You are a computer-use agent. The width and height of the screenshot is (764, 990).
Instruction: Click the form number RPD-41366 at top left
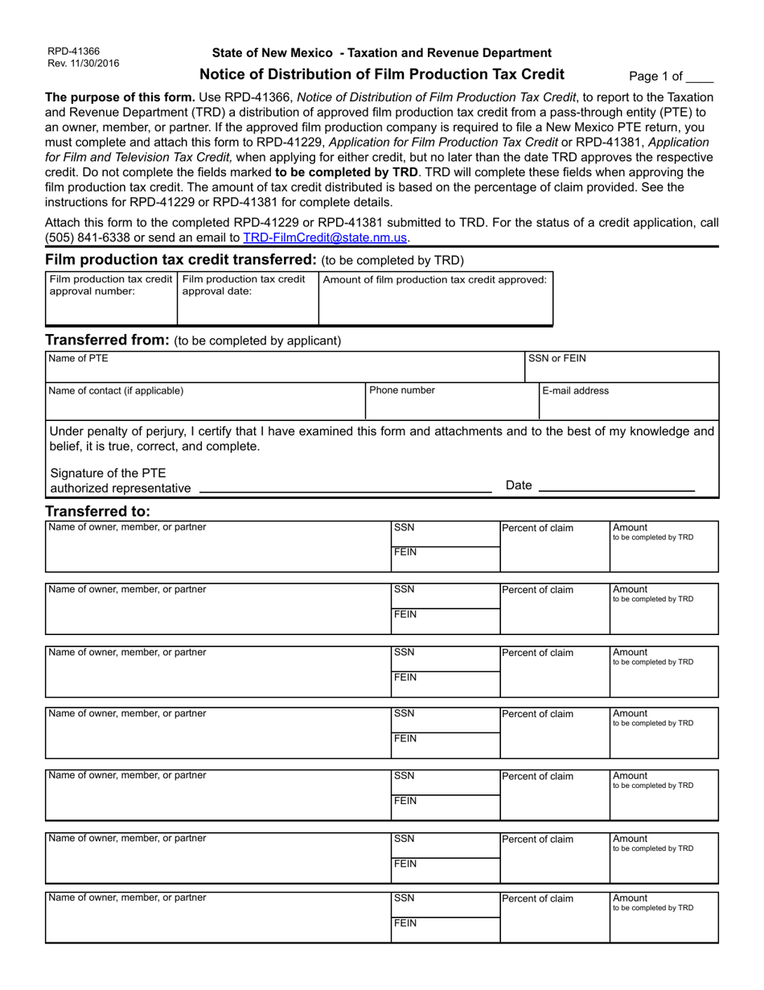click(x=73, y=51)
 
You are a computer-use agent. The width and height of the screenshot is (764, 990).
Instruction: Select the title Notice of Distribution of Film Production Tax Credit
click(x=381, y=75)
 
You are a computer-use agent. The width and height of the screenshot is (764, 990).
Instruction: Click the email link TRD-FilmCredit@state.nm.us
click(x=325, y=237)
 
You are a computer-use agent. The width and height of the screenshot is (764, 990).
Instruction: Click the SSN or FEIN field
click(x=621, y=370)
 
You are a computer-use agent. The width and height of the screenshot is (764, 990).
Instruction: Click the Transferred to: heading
click(x=98, y=511)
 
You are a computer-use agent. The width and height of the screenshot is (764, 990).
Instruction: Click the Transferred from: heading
click(x=107, y=340)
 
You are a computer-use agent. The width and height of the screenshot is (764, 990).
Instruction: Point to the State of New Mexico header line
click(x=381, y=53)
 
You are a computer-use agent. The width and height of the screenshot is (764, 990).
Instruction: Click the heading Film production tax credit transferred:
click(x=181, y=259)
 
